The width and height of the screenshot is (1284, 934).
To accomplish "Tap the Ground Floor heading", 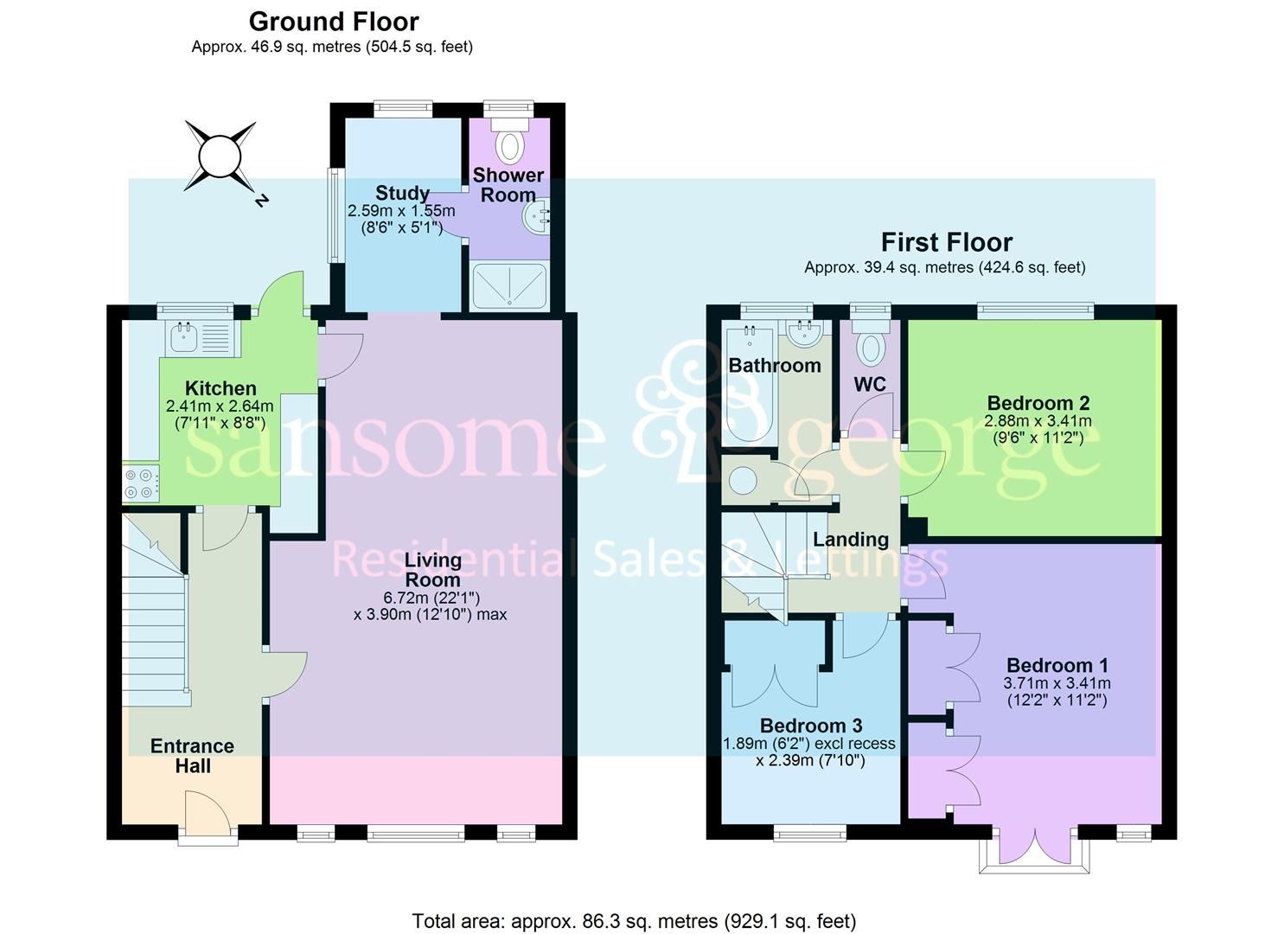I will click(x=333, y=22).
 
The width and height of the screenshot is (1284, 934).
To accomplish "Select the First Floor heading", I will click(x=946, y=242).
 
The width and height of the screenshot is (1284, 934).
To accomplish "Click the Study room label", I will click(x=402, y=193).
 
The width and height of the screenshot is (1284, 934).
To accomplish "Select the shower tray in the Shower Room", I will click(x=509, y=285).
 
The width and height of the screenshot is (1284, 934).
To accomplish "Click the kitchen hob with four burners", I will click(x=141, y=483).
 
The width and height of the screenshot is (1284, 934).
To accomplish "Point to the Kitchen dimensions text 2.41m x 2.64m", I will click(x=220, y=406).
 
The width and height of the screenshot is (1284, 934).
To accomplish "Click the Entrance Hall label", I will click(x=192, y=756).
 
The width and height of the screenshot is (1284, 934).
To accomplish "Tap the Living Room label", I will click(x=433, y=570).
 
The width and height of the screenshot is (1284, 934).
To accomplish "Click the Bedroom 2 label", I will click(x=1038, y=403).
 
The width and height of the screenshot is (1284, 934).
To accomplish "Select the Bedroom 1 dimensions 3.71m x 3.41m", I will click(x=1057, y=683).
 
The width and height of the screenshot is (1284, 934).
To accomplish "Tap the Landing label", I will click(x=851, y=540).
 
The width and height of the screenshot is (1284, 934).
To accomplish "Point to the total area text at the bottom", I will click(x=634, y=921).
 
